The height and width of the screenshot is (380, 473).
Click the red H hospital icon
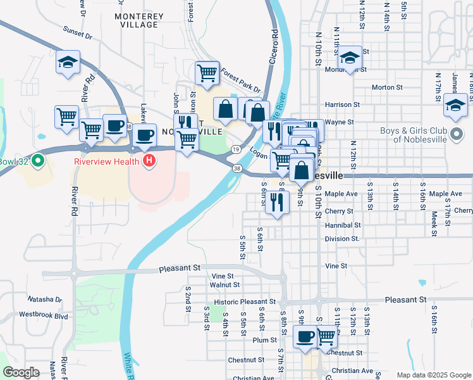(149, 161)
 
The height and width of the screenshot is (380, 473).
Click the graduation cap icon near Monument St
(349, 58)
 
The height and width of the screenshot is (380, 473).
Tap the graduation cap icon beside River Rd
(68, 62)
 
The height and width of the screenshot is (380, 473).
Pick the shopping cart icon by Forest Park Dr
(207, 73)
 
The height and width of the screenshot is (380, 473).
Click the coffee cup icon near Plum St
(305, 337)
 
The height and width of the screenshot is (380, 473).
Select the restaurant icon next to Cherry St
(276, 202)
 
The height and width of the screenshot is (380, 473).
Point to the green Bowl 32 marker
(38, 161)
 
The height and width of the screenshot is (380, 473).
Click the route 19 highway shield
(235, 149)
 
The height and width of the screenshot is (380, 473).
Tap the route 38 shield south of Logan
(237, 168)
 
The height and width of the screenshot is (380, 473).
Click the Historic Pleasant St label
(244, 302)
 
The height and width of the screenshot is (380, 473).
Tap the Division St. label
(342, 239)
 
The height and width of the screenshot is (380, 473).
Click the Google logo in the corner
(21, 372)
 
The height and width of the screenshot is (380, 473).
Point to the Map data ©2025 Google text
(433, 375)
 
